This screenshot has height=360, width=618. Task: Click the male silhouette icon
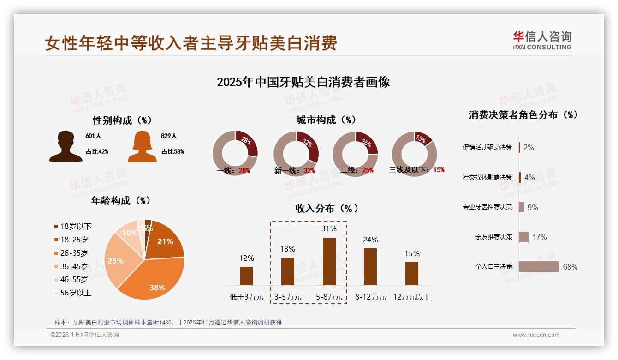point(65,147)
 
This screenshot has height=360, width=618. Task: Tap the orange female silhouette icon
point(142,147)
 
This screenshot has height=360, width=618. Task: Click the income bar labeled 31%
point(329,261)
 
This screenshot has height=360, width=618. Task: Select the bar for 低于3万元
point(246,276)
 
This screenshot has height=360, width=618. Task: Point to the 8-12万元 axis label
point(370,297)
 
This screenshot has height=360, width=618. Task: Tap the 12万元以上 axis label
point(411,297)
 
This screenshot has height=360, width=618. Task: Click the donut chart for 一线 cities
point(235,153)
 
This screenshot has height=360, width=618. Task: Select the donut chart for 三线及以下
point(414,153)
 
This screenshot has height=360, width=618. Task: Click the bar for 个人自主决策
point(539,266)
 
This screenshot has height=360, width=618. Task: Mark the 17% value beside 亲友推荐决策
point(539,237)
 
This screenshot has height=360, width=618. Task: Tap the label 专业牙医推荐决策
point(487,207)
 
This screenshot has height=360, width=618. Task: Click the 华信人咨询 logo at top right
point(542,40)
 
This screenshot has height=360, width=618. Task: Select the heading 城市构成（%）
point(326,120)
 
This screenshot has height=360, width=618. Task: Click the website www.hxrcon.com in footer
point(536,335)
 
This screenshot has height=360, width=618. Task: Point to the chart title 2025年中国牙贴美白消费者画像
point(303,82)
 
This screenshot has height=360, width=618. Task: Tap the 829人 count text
point(169,136)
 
